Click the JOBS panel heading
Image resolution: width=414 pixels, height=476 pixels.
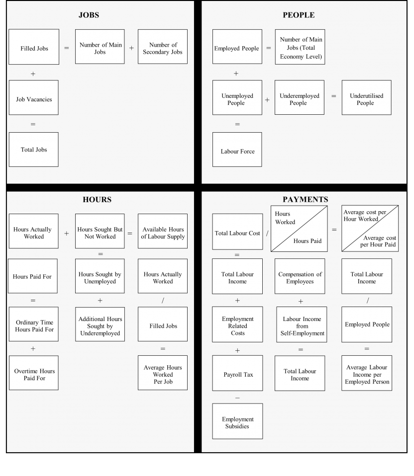point(89,15)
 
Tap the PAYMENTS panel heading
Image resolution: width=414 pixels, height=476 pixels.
point(305,200)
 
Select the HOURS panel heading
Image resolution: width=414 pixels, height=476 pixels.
point(97,200)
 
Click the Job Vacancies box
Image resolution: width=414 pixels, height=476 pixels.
point(33,99)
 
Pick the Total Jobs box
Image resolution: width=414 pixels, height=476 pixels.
point(33,150)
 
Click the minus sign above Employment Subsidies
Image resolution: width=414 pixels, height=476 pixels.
point(237,398)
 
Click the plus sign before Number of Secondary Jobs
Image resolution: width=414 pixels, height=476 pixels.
point(131,48)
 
